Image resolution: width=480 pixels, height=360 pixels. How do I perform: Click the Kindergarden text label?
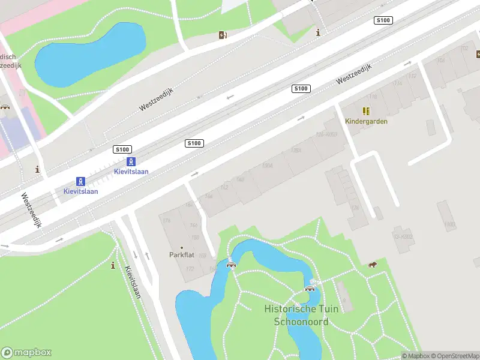[x=366, y=121]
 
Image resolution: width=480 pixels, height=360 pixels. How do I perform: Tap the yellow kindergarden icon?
[x=366, y=111]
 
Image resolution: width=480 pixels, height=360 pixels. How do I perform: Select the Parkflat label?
[x=182, y=255]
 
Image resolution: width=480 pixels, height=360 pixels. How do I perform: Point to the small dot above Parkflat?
[x=182, y=247]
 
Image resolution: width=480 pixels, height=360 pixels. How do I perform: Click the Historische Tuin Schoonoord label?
[x=301, y=315]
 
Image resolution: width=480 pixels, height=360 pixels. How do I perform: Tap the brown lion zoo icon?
[x=373, y=265]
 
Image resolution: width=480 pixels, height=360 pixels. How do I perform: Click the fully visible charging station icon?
[x=223, y=35]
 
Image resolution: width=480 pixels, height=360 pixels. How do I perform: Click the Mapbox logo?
[x=26, y=353]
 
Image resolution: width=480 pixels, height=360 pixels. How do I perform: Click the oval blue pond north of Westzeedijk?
[x=90, y=54]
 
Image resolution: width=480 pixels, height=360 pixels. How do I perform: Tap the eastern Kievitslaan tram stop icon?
[x=131, y=161]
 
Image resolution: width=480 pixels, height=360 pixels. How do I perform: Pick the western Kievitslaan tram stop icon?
[x=80, y=181]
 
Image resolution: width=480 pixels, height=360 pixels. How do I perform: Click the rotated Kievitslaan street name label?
[x=133, y=282]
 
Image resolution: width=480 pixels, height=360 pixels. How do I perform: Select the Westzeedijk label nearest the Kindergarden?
[x=354, y=74]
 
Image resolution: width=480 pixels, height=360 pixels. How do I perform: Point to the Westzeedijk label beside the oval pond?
[x=157, y=100]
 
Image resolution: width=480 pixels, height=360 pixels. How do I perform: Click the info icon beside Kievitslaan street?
[x=113, y=265]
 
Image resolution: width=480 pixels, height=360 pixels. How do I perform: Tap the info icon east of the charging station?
[x=318, y=32]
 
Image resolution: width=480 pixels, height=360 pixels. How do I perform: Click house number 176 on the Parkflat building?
[x=167, y=221]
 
